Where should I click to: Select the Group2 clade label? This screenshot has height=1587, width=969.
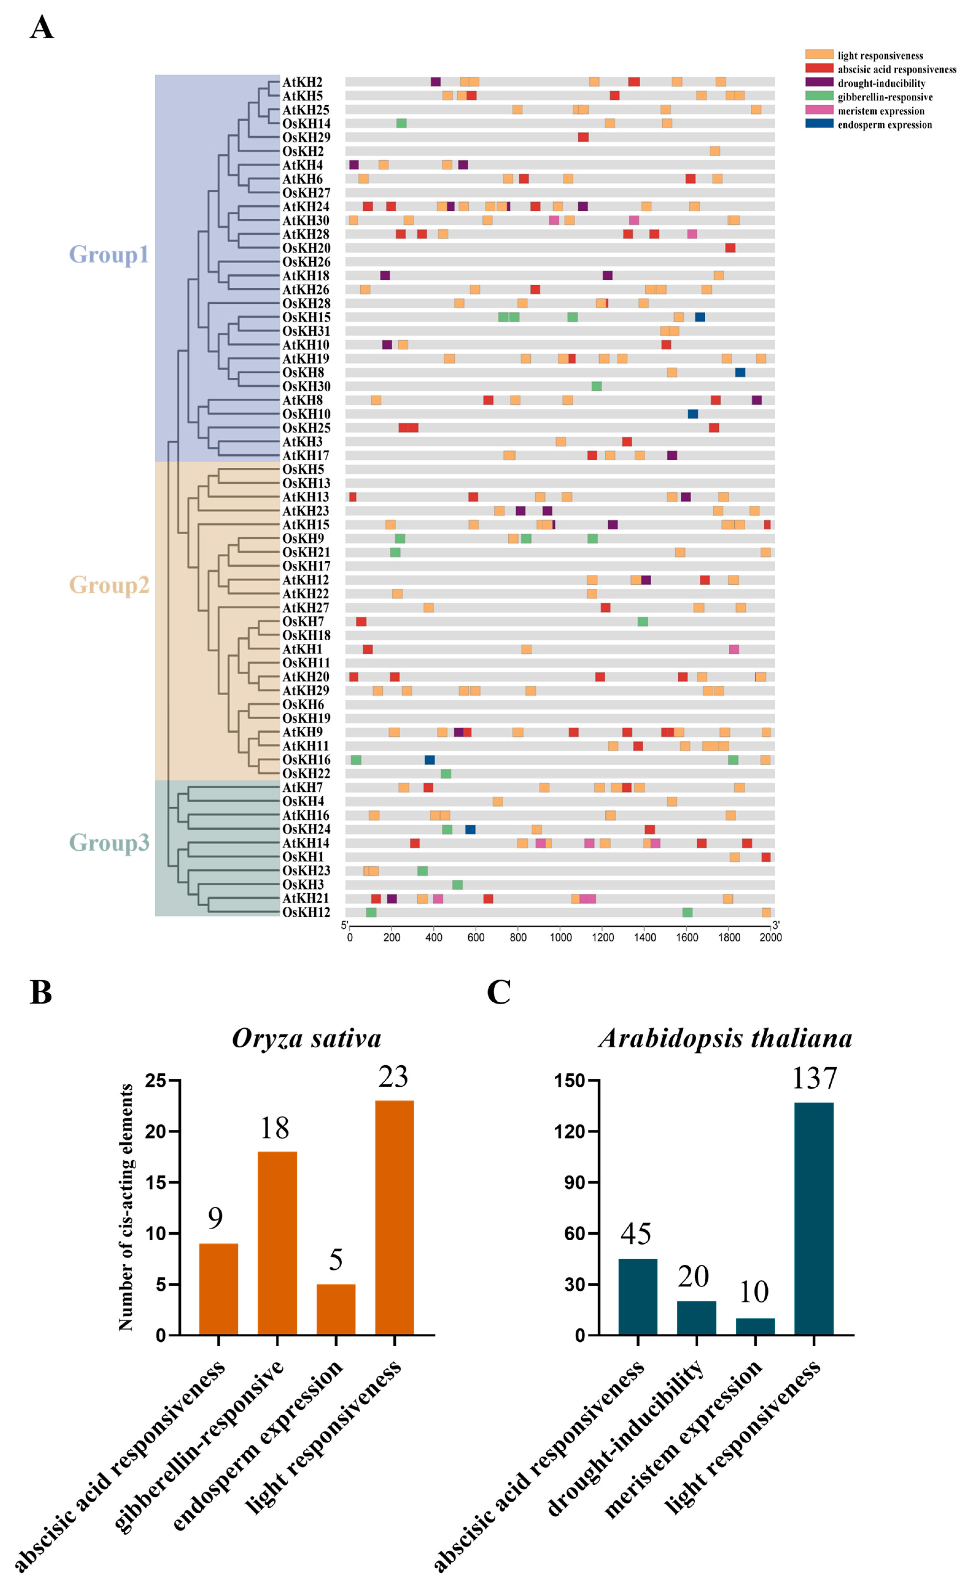pyautogui.click(x=109, y=585)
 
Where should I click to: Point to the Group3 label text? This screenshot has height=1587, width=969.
pyautogui.click(x=109, y=842)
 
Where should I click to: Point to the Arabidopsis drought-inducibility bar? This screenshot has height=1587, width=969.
pyautogui.click(x=696, y=1318)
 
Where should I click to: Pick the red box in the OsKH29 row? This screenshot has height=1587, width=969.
pyautogui.click(x=583, y=137)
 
